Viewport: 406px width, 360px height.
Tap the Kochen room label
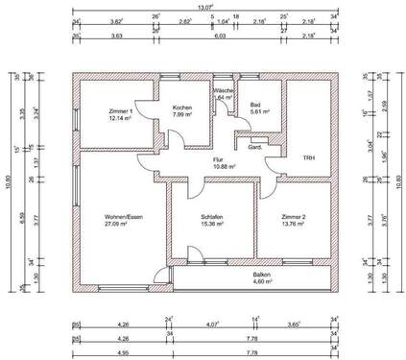coord(183,108)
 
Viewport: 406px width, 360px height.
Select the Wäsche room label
coord(224,89)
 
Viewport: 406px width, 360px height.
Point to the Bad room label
coord(255,106)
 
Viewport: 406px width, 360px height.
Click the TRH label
coord(309,157)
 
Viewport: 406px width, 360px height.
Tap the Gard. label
coord(256,148)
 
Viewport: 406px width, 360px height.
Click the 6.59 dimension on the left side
coord(26,216)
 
